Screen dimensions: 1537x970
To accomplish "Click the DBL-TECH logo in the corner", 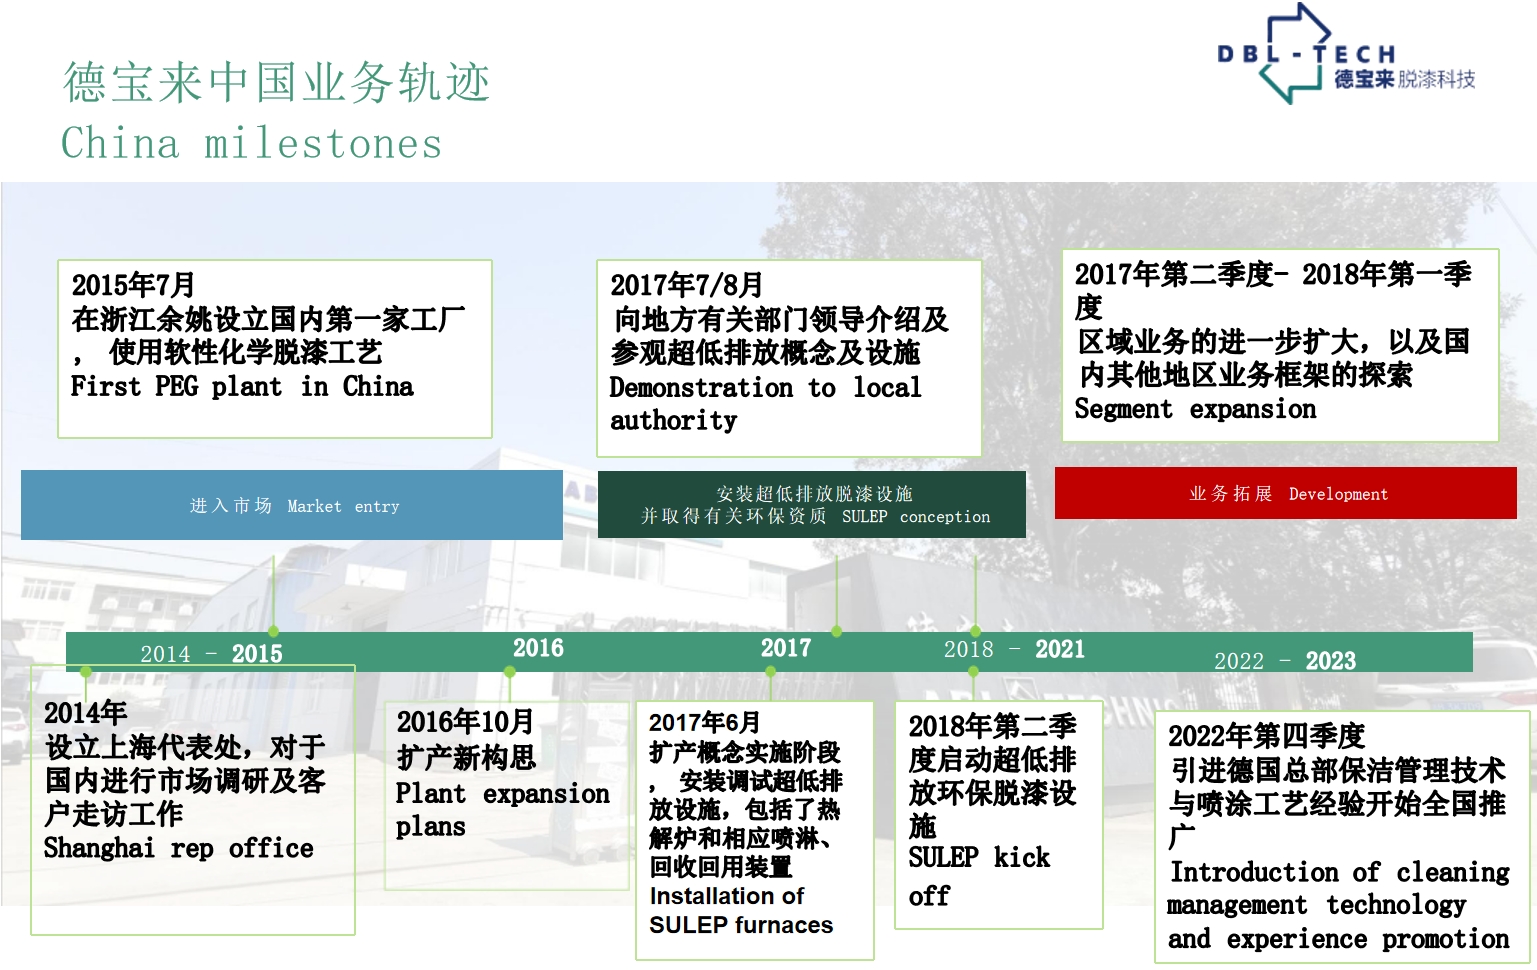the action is (1346, 54).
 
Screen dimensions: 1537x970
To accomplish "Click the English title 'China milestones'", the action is (252, 143).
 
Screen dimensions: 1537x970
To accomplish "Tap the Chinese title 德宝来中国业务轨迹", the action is (277, 82).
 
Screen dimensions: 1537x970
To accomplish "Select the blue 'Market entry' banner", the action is (292, 505).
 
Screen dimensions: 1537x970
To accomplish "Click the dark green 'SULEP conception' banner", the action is (812, 504).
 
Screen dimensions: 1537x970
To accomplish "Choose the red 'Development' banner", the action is (1286, 493).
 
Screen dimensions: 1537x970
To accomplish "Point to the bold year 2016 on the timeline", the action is (539, 648).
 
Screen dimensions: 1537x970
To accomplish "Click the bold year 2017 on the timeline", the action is (786, 648).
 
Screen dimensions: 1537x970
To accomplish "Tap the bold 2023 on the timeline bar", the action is (1330, 661).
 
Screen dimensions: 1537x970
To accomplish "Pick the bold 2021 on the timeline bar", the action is (1060, 650).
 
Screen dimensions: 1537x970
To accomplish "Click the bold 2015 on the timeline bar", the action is (257, 654).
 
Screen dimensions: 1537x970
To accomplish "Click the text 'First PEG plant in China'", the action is (242, 387).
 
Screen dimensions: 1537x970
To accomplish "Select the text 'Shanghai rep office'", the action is (178, 849).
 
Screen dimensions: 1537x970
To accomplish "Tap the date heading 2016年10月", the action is (465, 722).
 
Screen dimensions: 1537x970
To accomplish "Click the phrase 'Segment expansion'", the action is (1195, 409).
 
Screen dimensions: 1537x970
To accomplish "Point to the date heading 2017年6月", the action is (705, 722).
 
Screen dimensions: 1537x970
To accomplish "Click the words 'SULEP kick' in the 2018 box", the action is (979, 857).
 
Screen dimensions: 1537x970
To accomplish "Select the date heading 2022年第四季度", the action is (1267, 736).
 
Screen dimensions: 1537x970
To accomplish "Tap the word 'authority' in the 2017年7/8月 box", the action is (674, 421).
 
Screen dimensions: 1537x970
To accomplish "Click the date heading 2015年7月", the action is (133, 285).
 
